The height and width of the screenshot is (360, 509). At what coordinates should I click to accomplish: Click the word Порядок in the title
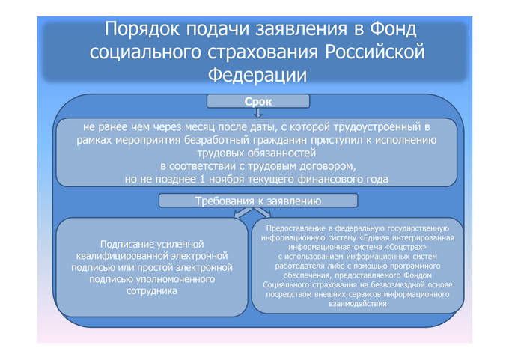(x=142, y=29)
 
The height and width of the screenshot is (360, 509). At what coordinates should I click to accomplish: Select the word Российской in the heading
(x=375, y=52)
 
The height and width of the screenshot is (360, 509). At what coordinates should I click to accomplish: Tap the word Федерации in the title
(x=257, y=75)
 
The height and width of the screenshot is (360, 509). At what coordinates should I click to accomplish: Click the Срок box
(x=258, y=101)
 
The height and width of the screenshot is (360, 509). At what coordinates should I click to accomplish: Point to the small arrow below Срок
(x=258, y=113)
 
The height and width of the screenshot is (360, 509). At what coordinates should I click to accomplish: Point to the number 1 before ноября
(x=203, y=179)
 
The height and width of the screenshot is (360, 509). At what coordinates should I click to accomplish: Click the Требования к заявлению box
(x=258, y=201)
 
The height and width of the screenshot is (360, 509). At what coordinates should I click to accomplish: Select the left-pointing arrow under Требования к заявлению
(x=243, y=213)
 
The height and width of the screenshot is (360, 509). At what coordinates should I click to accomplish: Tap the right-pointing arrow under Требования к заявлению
(x=263, y=213)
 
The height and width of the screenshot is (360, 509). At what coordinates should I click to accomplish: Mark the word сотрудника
(x=152, y=291)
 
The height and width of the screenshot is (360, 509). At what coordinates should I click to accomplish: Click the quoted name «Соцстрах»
(x=406, y=247)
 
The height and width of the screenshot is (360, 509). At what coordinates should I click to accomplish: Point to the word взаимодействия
(x=358, y=304)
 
